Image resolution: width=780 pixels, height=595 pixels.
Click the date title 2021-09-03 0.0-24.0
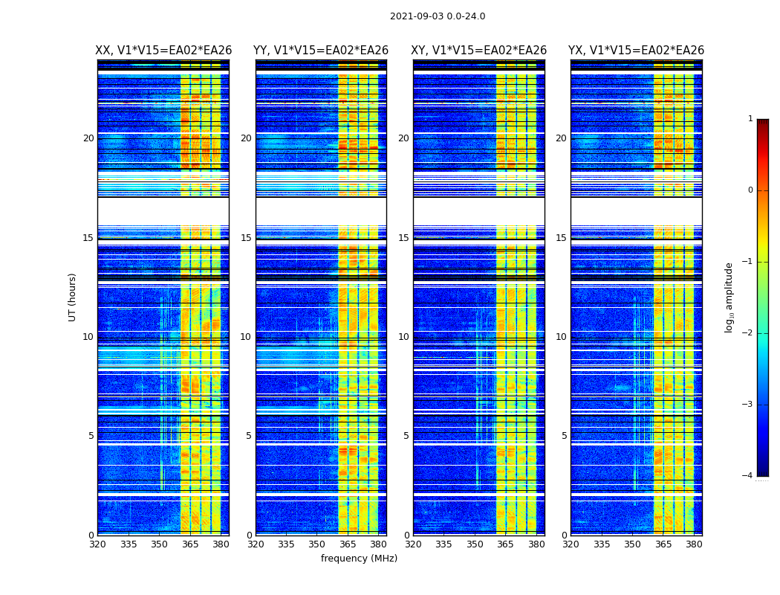click(x=438, y=16)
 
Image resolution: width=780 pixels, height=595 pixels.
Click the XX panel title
click(x=163, y=51)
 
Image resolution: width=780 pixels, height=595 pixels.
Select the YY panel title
click(x=321, y=51)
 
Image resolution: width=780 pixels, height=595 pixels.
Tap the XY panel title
click(x=479, y=51)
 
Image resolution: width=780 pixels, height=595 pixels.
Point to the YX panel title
click(x=636, y=51)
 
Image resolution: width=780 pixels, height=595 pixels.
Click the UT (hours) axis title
click(x=73, y=297)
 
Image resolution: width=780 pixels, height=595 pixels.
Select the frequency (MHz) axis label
click(x=359, y=559)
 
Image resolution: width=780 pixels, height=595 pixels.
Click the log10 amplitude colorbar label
click(x=729, y=297)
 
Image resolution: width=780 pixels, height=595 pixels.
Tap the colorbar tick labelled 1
click(x=750, y=119)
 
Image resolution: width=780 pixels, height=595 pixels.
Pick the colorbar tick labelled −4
click(x=748, y=476)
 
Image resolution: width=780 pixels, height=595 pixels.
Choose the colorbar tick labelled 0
click(x=750, y=190)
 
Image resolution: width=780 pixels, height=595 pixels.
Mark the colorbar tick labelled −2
click(x=748, y=333)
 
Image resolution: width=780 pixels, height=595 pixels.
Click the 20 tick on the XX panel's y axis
click(x=88, y=138)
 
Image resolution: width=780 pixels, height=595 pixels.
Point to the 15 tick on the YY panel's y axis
click(x=246, y=238)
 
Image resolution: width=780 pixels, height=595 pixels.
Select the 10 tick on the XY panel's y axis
click(x=403, y=337)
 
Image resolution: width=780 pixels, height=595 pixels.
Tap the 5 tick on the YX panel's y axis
click(x=564, y=436)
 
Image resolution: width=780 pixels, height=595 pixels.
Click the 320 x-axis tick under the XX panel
click(x=97, y=544)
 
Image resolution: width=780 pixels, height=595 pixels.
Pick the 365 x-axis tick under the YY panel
click(x=348, y=544)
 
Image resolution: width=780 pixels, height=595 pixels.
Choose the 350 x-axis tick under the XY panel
click(x=475, y=544)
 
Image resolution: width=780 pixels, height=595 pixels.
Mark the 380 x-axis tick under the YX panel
click(x=694, y=544)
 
